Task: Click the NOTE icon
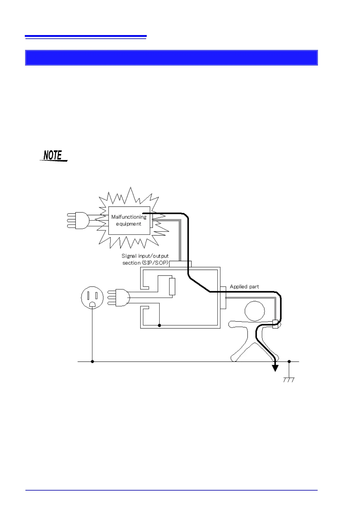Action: [53, 155]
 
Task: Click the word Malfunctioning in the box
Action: [129, 217]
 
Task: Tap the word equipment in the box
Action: [129, 224]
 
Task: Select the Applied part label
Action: [244, 287]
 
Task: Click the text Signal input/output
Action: [145, 256]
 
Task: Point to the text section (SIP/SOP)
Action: [145, 263]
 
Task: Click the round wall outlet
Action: [92, 297]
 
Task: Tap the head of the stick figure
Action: [254, 311]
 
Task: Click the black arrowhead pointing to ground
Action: [275, 368]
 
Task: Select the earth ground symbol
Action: [289, 380]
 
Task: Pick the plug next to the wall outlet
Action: [119, 298]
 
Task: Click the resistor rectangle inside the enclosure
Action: [172, 287]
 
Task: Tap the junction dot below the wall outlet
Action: [92, 361]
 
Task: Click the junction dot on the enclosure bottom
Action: [159, 326]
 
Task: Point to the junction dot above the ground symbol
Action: [289, 361]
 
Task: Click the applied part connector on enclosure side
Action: [223, 298]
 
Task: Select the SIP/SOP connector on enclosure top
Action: [180, 264]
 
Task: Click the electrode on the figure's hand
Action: [275, 324]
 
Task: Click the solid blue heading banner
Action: [171, 58]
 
